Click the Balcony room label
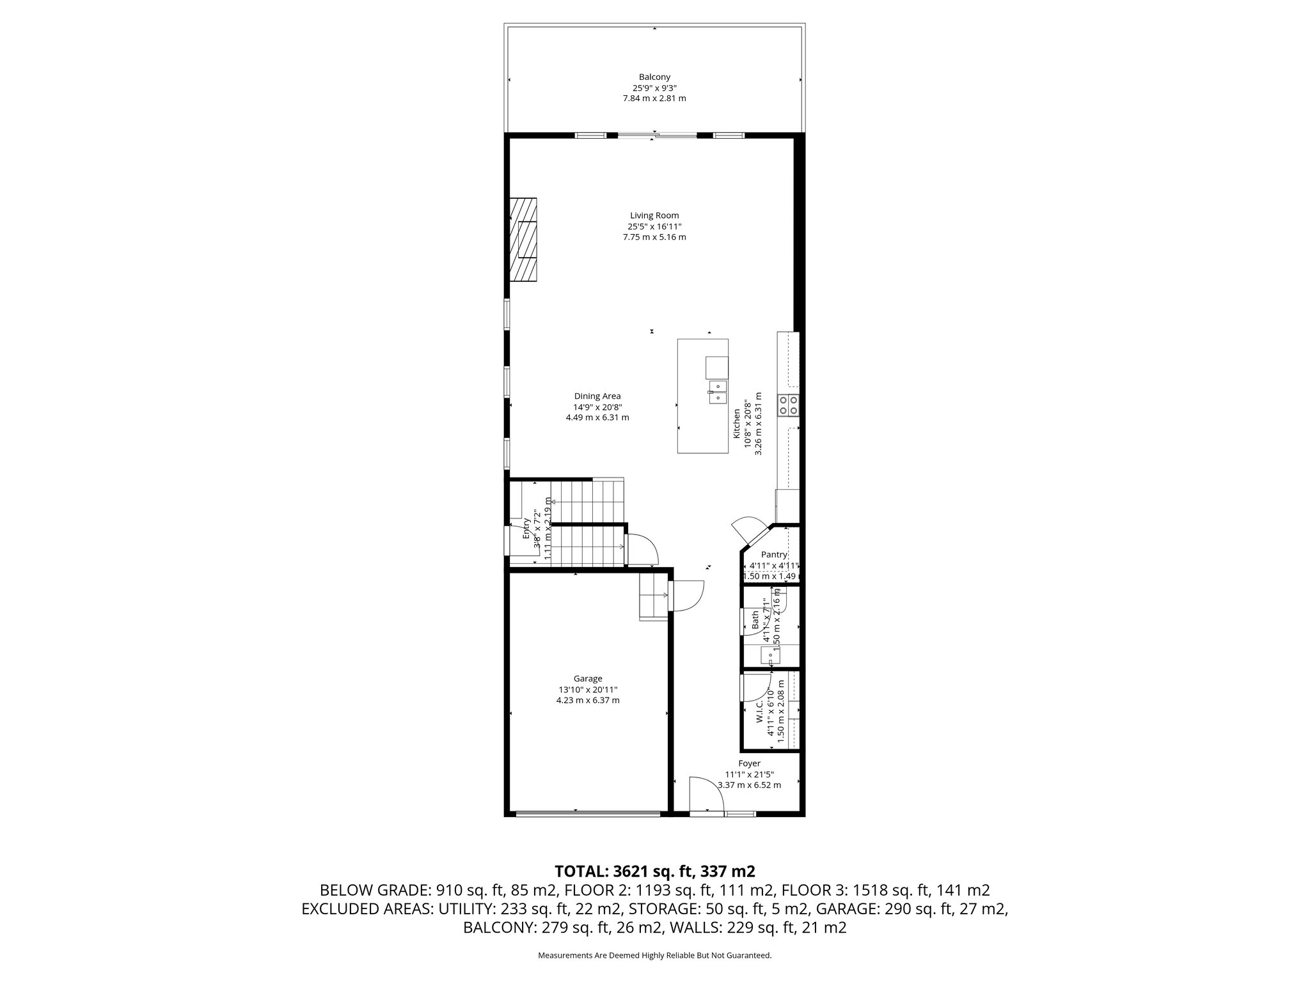[654, 77]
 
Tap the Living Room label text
[654, 215]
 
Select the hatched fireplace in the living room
[523, 239]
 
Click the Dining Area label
[597, 396]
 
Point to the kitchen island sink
[717, 392]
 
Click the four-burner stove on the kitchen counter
[788, 406]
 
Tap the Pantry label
[773, 554]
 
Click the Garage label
[587, 678]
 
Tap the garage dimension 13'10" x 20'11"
[587, 689]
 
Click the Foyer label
[749, 763]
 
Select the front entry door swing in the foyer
[706, 795]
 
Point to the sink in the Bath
[769, 655]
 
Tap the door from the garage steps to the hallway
[686, 596]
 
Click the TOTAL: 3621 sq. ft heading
[654, 871]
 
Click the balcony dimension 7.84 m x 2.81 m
[654, 98]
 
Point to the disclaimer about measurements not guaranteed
[654, 955]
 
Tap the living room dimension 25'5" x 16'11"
[654, 226]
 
